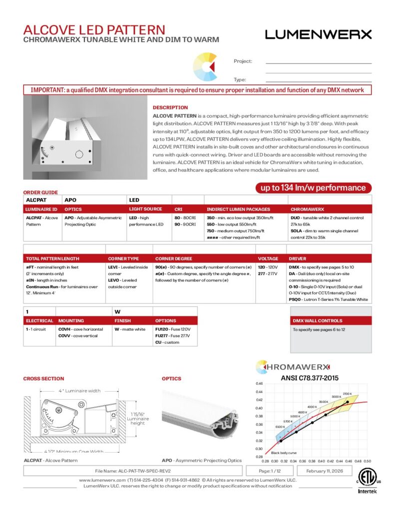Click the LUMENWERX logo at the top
[318, 34]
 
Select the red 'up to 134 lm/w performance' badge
[314, 188]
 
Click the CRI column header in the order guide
[178, 209]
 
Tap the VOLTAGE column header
[268, 259]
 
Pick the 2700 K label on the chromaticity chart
[348, 394]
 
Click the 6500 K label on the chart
[280, 427]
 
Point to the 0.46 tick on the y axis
[259, 383]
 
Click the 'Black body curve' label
[283, 453]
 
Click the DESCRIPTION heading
[170, 107]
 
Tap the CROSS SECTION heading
[43, 379]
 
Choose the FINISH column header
[123, 321]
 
